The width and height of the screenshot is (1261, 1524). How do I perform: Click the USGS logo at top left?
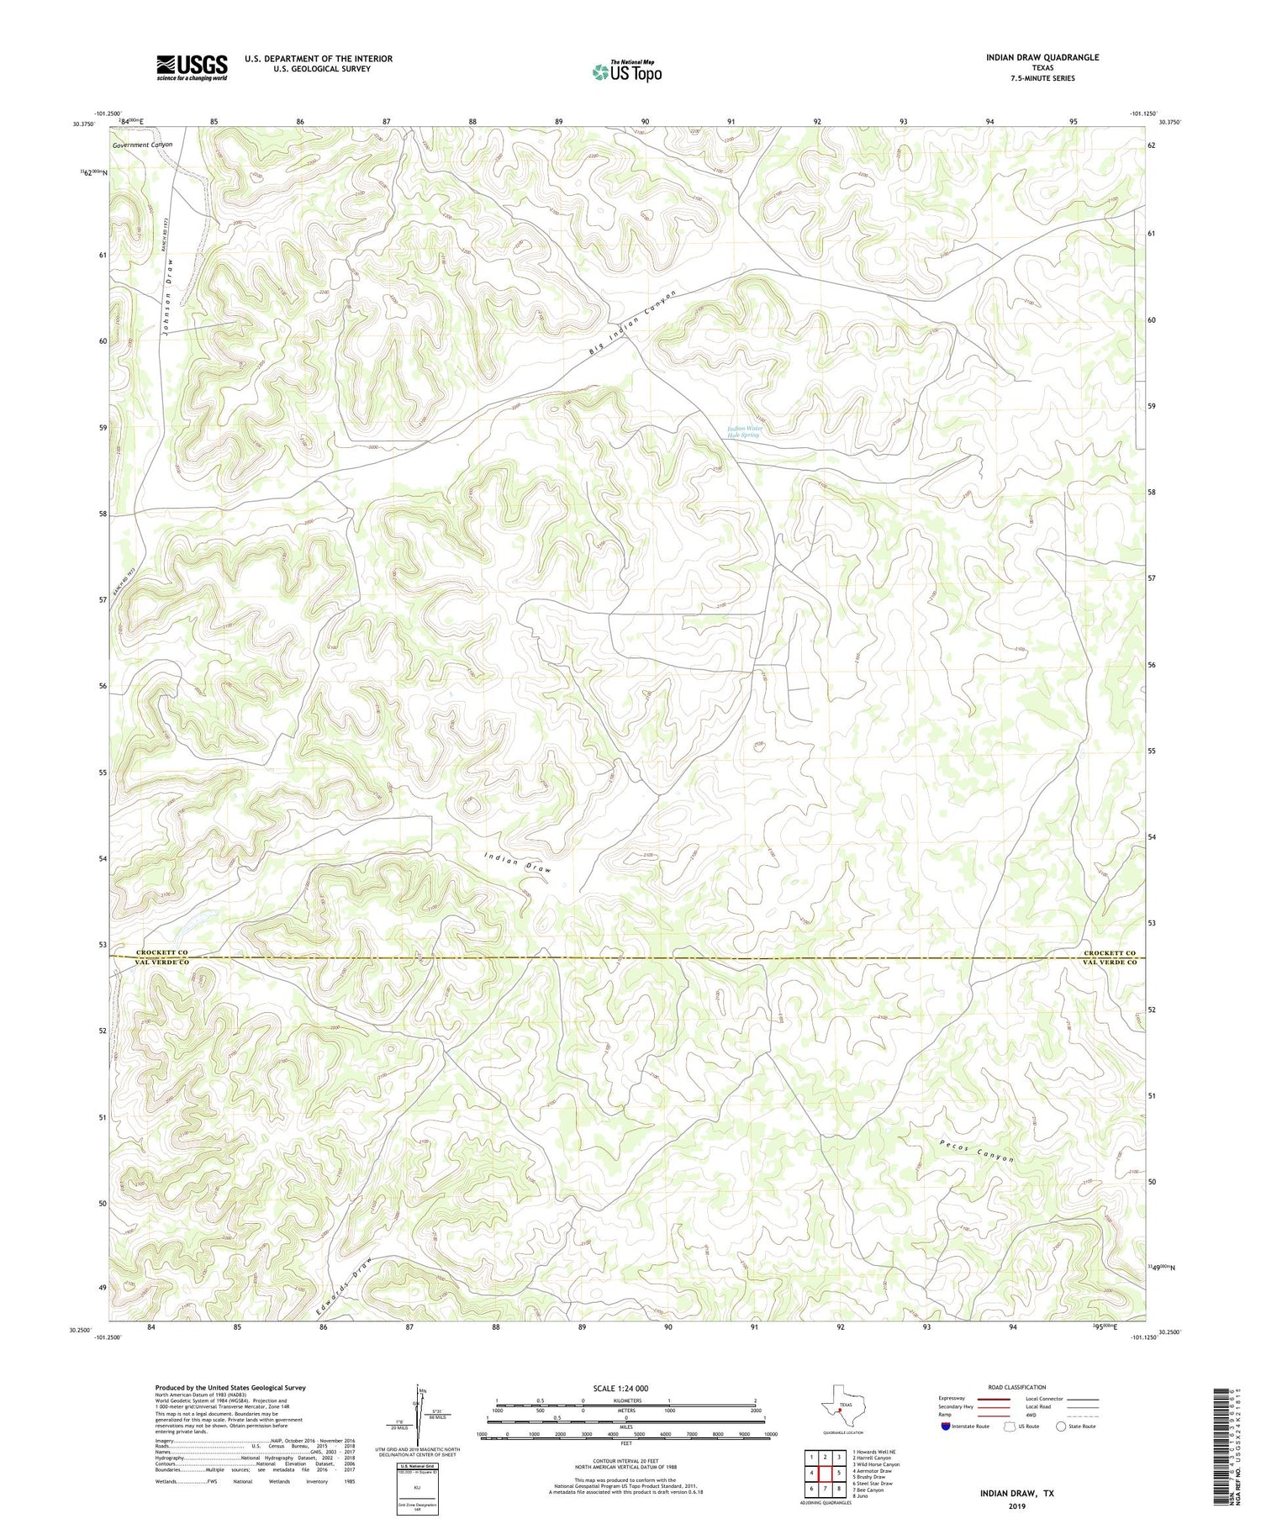(192, 67)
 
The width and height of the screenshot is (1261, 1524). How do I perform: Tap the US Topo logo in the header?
(626, 71)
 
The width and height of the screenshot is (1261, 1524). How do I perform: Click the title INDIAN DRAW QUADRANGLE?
(1042, 57)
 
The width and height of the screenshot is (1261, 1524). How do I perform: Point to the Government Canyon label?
(142, 145)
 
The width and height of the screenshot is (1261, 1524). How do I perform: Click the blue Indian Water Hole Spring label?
(744, 431)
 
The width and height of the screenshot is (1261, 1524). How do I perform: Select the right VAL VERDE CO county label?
(1109, 962)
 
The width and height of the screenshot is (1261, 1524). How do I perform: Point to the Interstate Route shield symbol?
(945, 1426)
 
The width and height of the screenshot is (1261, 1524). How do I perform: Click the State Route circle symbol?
(1061, 1426)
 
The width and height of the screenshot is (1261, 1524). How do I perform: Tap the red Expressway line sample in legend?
(999, 1399)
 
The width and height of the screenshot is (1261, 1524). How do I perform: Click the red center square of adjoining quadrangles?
(826, 1473)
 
